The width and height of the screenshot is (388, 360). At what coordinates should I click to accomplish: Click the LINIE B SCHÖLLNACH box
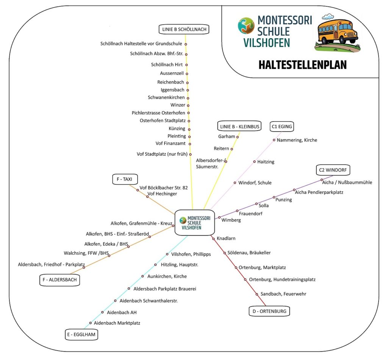[x=184, y=29]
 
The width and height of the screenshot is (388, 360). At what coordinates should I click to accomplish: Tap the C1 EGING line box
[x=282, y=126]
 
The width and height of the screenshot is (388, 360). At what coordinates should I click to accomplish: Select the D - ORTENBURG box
[x=269, y=311]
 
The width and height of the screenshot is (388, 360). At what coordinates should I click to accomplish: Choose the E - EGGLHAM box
[x=81, y=335]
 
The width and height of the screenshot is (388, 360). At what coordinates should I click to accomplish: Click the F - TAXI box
[x=125, y=179]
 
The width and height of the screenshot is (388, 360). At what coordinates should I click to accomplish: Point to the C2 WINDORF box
[x=333, y=170]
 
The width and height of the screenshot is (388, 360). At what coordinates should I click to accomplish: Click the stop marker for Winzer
[x=188, y=105]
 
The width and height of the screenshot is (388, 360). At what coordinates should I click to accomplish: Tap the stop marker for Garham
[x=237, y=137]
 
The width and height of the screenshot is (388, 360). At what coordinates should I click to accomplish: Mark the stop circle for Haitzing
[x=254, y=162]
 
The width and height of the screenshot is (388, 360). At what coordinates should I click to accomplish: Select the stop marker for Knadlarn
[x=214, y=239]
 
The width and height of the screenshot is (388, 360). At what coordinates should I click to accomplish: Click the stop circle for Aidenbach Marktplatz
[x=90, y=323]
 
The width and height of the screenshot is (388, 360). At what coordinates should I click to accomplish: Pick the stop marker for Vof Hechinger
[x=147, y=197]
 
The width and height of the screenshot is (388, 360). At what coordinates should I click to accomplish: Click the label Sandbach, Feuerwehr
[x=283, y=294]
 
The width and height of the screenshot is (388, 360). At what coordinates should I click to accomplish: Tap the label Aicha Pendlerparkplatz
[x=319, y=192]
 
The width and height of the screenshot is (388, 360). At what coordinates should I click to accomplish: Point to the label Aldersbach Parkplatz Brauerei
[x=165, y=289]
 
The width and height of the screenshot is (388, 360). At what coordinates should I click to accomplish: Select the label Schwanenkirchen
[x=166, y=97]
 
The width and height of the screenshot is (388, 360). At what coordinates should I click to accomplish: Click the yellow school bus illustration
[x=337, y=33]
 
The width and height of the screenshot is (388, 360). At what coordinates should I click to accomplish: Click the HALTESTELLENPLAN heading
[x=303, y=65]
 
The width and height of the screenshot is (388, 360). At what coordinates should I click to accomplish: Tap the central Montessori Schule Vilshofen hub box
[x=194, y=223]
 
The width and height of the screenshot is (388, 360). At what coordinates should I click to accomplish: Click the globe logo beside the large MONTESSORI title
[x=246, y=25]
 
